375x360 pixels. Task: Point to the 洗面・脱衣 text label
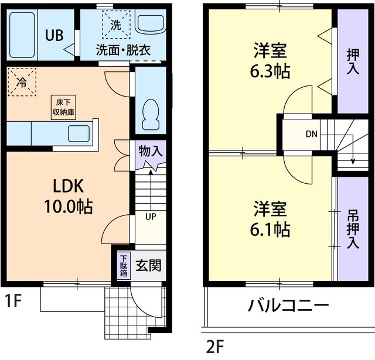pyautogui.click(x=124, y=50)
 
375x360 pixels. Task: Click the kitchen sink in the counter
pyautogui.click(x=79, y=134)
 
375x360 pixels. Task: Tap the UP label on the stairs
pyautogui.click(x=151, y=217)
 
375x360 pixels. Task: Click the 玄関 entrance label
pyautogui.click(x=149, y=265)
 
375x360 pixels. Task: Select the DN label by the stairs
pyautogui.click(x=311, y=133)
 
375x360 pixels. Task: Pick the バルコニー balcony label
pyautogui.click(x=287, y=306)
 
